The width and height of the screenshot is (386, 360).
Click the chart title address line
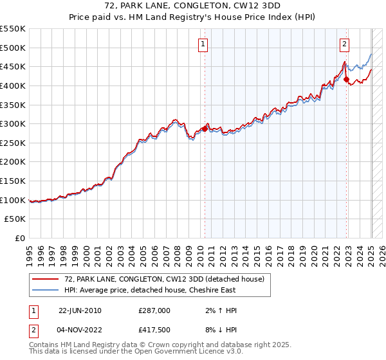pyautogui.click(x=192, y=6)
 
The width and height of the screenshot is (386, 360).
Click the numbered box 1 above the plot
pyautogui.click(x=203, y=44)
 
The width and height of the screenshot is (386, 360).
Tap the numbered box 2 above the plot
pyautogui.click(x=345, y=44)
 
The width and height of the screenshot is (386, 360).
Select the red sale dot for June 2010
pyautogui.click(x=205, y=129)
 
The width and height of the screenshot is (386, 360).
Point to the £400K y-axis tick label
pyautogui.click(x=13, y=85)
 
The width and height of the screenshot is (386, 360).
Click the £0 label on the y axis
pyautogui.click(x=19, y=238)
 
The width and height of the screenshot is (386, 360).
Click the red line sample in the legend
pyautogui.click(x=46, y=279)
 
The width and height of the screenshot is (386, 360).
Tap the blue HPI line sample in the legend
pyautogui.click(x=46, y=290)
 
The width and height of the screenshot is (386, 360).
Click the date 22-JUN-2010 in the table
pyautogui.click(x=80, y=310)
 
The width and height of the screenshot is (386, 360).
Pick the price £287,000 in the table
pyautogui.click(x=154, y=310)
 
